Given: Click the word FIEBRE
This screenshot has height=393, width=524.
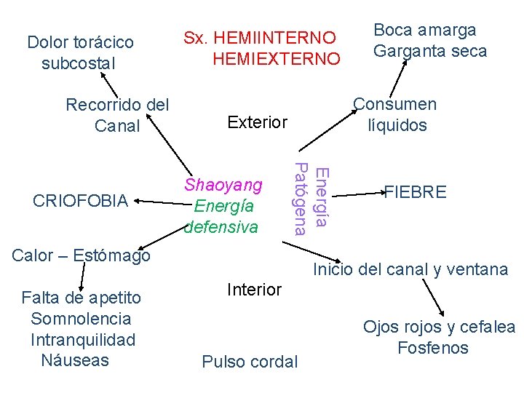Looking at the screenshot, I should [x=416, y=193].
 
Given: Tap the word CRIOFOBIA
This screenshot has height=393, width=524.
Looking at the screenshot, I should [x=81, y=201].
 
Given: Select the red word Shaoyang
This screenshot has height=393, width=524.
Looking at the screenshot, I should [x=223, y=184].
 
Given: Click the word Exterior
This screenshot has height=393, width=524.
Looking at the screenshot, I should [x=257, y=122].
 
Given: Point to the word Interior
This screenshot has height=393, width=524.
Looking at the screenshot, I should [x=254, y=290].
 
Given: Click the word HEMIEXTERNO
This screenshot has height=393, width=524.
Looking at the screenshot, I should [x=276, y=58].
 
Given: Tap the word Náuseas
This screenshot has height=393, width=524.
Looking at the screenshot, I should [x=75, y=360].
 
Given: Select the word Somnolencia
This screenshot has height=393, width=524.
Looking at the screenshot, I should [x=81, y=318].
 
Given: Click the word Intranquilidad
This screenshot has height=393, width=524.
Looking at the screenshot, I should [x=83, y=339].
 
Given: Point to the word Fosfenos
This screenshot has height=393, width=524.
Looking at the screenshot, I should [x=433, y=348].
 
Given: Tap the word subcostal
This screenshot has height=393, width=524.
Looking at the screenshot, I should [x=79, y=63].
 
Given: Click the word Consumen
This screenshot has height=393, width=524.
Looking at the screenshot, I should [x=395, y=104].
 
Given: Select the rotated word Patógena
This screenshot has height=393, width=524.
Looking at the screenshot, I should [x=299, y=199].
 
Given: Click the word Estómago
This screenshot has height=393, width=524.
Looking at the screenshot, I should [x=110, y=255].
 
